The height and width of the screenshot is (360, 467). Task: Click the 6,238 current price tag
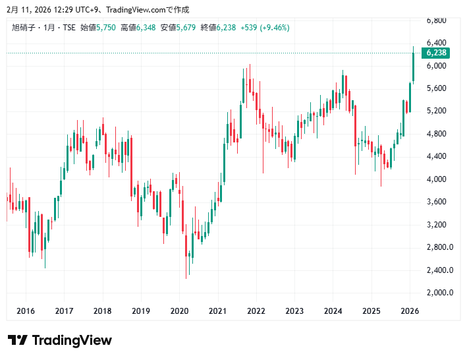[437, 53]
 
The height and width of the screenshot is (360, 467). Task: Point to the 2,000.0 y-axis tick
[439, 293]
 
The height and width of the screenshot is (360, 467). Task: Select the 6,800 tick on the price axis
[437, 20]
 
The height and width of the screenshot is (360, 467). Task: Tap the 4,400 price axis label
[437, 156]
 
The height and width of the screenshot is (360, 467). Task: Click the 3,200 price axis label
[437, 225]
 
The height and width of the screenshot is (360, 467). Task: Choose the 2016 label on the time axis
[26, 311]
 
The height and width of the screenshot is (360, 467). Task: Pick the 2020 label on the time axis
[179, 311]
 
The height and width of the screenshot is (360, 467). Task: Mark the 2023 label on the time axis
[294, 311]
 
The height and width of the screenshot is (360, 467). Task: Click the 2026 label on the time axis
[410, 311]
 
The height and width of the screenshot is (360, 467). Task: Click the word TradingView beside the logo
[72, 340]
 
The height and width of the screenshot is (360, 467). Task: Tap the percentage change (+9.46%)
[275, 28]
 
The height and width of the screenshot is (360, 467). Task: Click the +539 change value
[248, 28]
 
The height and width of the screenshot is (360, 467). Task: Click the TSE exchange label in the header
[69, 28]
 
